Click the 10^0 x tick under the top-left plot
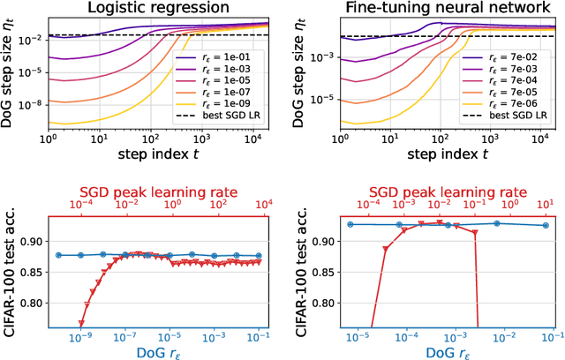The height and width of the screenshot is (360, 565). pos(51,139)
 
